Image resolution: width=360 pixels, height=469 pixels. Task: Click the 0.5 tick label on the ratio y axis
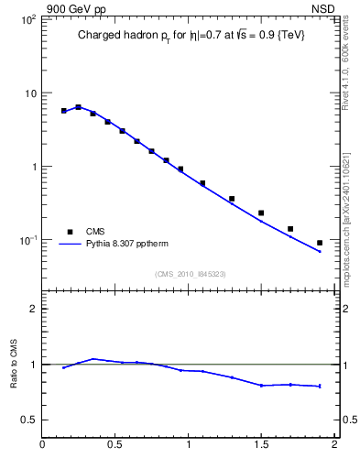[x=27, y=420]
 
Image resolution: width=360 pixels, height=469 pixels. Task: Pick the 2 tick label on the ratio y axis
[x=32, y=309]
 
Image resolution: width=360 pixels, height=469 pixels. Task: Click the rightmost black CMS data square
[x=320, y=243]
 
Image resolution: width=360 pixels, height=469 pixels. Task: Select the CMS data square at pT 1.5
[x=261, y=213]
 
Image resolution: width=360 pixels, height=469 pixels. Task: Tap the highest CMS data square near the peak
[x=78, y=107]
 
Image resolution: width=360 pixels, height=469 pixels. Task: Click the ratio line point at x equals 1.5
[x=261, y=386]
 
